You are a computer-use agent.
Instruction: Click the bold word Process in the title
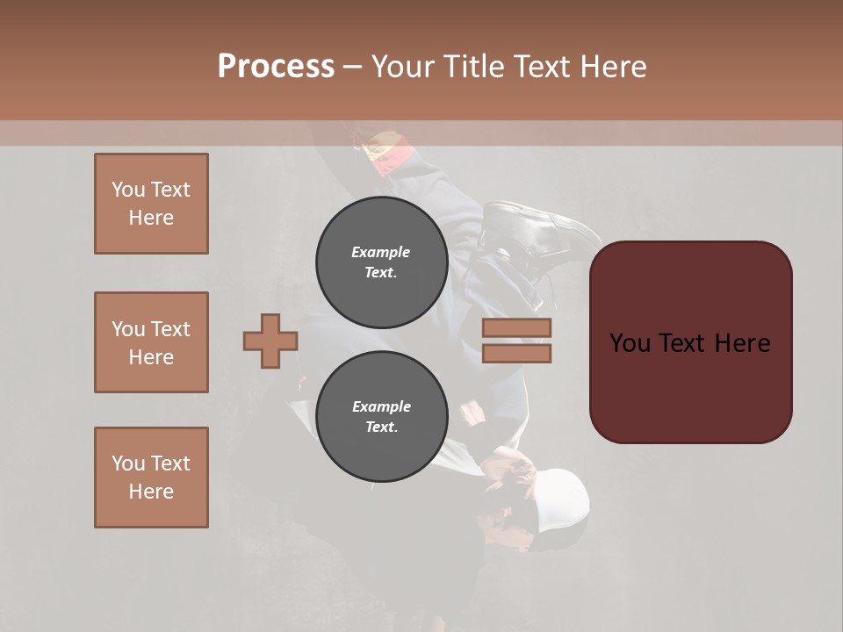click(276, 67)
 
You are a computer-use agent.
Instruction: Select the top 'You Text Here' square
click(151, 204)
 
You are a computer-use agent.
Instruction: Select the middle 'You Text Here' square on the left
click(151, 342)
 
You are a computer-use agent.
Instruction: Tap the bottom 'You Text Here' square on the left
click(151, 477)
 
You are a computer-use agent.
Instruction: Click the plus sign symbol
click(270, 341)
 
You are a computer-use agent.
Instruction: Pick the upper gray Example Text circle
click(381, 262)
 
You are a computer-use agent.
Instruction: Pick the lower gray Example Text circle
click(381, 416)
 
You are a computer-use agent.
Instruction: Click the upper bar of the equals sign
click(516, 328)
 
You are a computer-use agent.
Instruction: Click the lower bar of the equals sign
click(516, 354)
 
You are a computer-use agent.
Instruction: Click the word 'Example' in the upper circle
click(381, 252)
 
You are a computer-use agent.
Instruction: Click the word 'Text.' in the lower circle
click(381, 427)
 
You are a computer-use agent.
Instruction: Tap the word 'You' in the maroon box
click(630, 342)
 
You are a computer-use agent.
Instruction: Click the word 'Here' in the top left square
click(151, 218)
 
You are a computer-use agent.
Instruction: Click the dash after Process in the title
click(352, 67)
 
